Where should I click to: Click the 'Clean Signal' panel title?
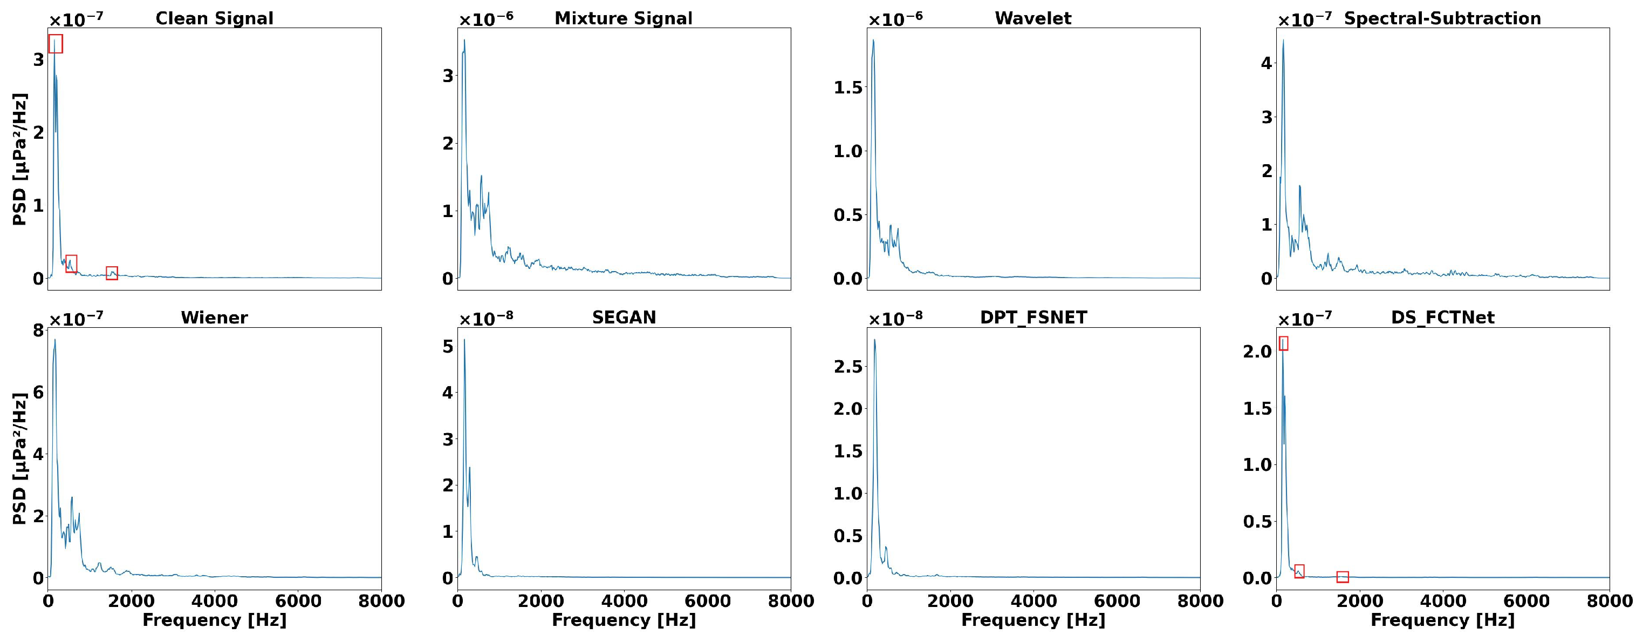[x=214, y=18]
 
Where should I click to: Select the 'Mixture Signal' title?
[x=623, y=18]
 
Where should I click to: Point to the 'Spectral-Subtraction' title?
[x=1442, y=18]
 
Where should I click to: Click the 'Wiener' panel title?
[x=214, y=318]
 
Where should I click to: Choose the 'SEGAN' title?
[x=623, y=318]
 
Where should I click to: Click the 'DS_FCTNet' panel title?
[x=1442, y=318]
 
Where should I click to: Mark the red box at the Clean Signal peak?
[x=56, y=43]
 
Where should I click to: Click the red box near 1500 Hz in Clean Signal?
[x=112, y=273]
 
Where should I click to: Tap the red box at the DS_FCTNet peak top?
[x=1283, y=343]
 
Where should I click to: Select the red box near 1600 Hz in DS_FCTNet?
[x=1343, y=577]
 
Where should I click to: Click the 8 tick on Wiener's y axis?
[x=38, y=330]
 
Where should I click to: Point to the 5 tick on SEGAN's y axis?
[x=447, y=347]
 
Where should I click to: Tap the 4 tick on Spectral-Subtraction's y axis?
[x=1266, y=63]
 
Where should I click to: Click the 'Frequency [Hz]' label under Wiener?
[x=214, y=620]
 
